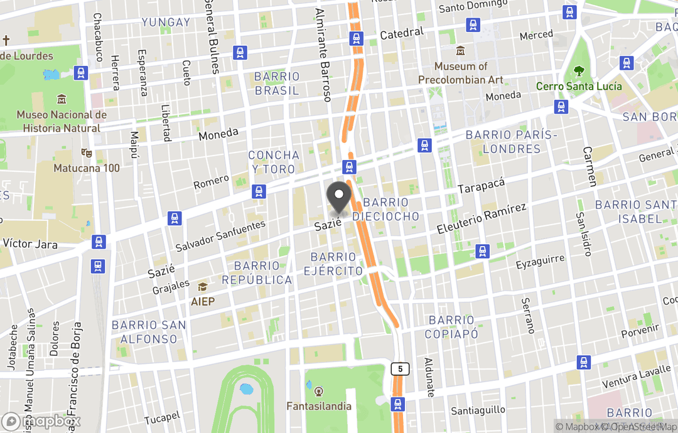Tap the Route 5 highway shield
[400, 369]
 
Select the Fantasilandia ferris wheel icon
[319, 392]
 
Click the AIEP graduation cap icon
[203, 287]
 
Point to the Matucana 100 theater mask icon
[86, 153]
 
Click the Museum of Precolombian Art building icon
[461, 50]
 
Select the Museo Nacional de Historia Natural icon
[62, 100]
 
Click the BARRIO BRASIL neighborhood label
[277, 83]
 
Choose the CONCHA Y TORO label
[274, 162]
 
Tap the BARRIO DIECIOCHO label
[385, 210]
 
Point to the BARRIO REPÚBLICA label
[257, 273]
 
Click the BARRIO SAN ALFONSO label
[149, 332]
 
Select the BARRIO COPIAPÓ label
[451, 327]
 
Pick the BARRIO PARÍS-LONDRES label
[512, 142]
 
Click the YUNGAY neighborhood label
[166, 22]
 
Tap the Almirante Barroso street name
[323, 55]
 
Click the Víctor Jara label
[30, 243]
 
